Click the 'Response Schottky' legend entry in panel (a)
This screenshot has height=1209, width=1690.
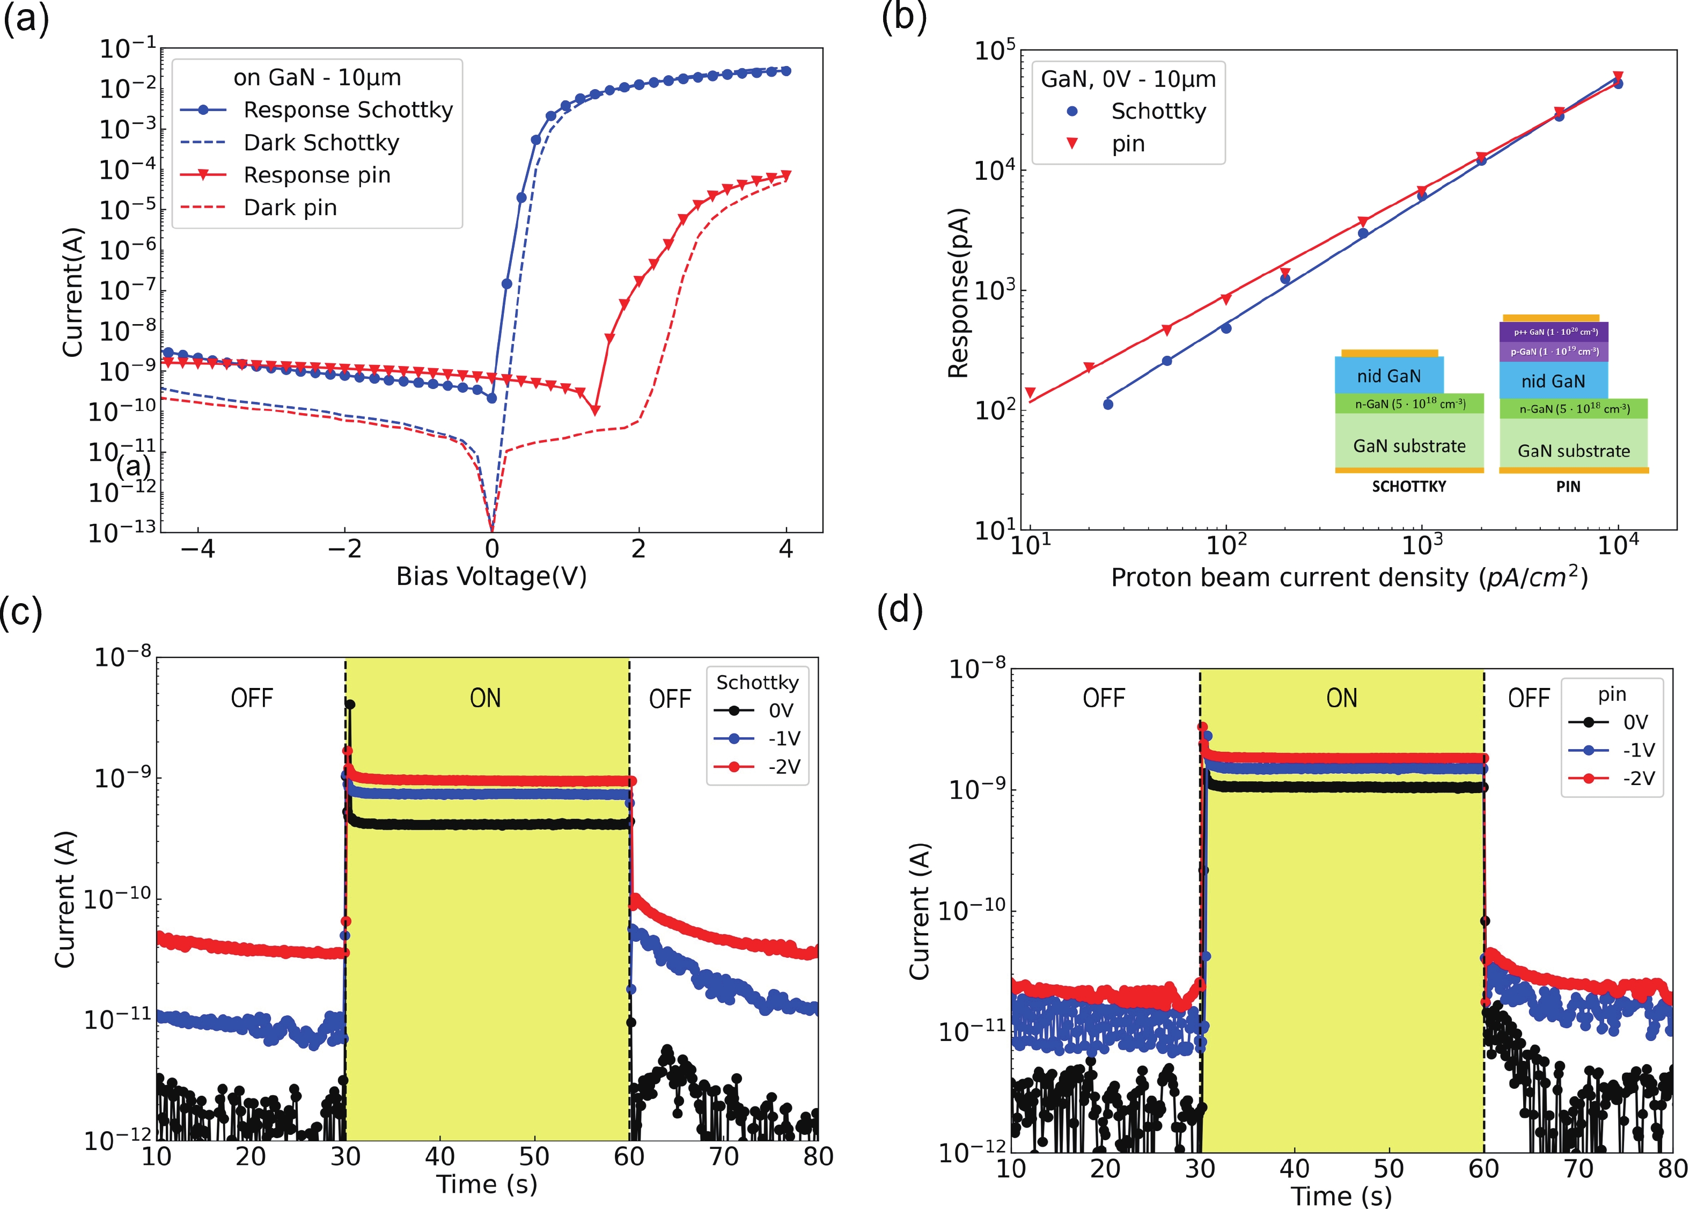348,110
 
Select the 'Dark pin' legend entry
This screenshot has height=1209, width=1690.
290,208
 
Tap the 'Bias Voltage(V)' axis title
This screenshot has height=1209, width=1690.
491,576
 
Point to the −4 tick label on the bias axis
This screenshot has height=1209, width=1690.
198,549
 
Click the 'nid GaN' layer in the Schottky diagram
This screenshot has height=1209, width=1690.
1388,376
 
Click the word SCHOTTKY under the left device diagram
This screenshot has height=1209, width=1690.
1409,487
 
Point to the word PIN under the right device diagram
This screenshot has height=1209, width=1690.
1568,487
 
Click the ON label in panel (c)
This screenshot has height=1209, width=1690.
485,698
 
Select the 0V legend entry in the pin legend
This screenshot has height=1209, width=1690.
1635,722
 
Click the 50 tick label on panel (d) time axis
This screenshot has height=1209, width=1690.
1388,1169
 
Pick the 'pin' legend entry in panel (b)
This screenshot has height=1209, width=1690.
1127,144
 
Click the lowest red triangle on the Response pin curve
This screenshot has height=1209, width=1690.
594,410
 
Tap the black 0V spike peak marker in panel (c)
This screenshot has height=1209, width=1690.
350,704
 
